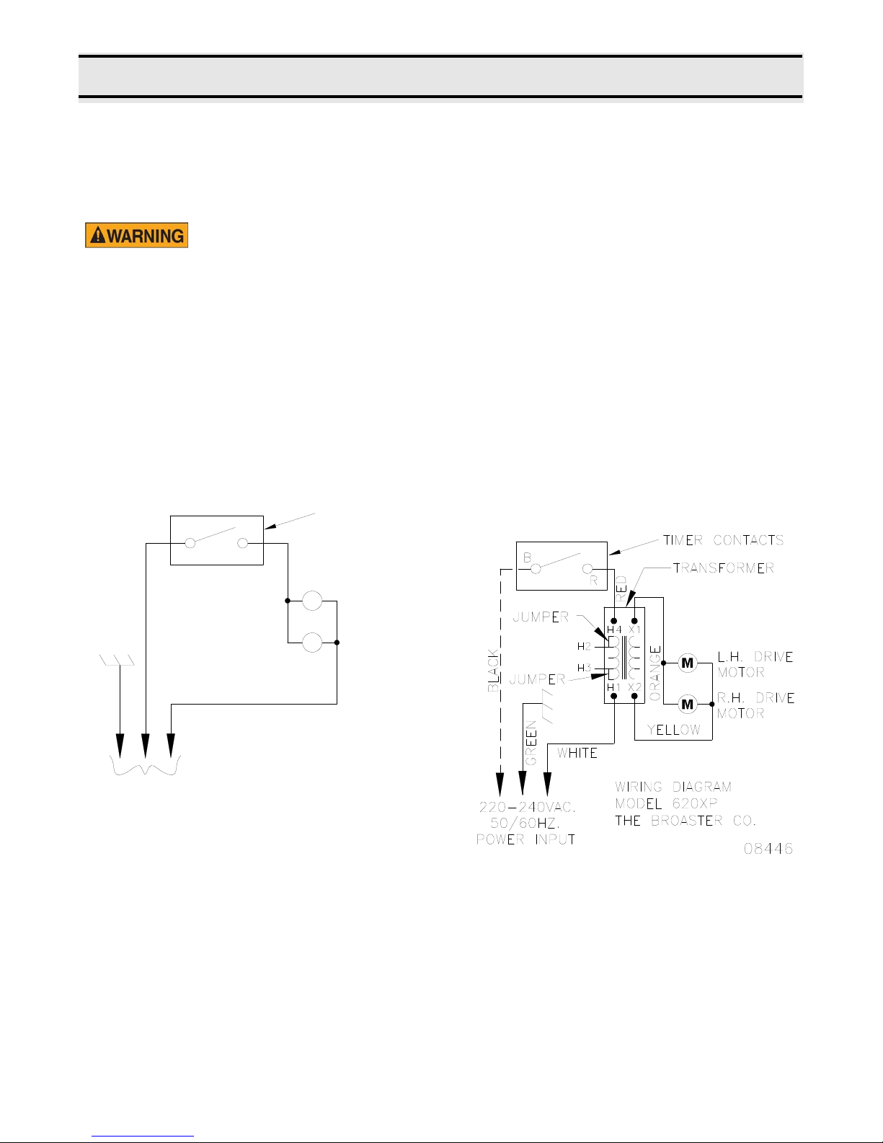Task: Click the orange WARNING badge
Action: coord(137,235)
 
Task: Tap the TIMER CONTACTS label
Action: coord(723,540)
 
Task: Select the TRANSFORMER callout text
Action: coord(724,568)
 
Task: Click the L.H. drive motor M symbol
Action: coord(687,663)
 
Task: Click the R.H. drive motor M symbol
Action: coord(687,704)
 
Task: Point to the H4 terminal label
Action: coord(614,630)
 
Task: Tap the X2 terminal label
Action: coord(635,687)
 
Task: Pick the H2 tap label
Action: coord(584,646)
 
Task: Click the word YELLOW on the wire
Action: coord(674,730)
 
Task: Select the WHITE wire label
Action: coord(577,754)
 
